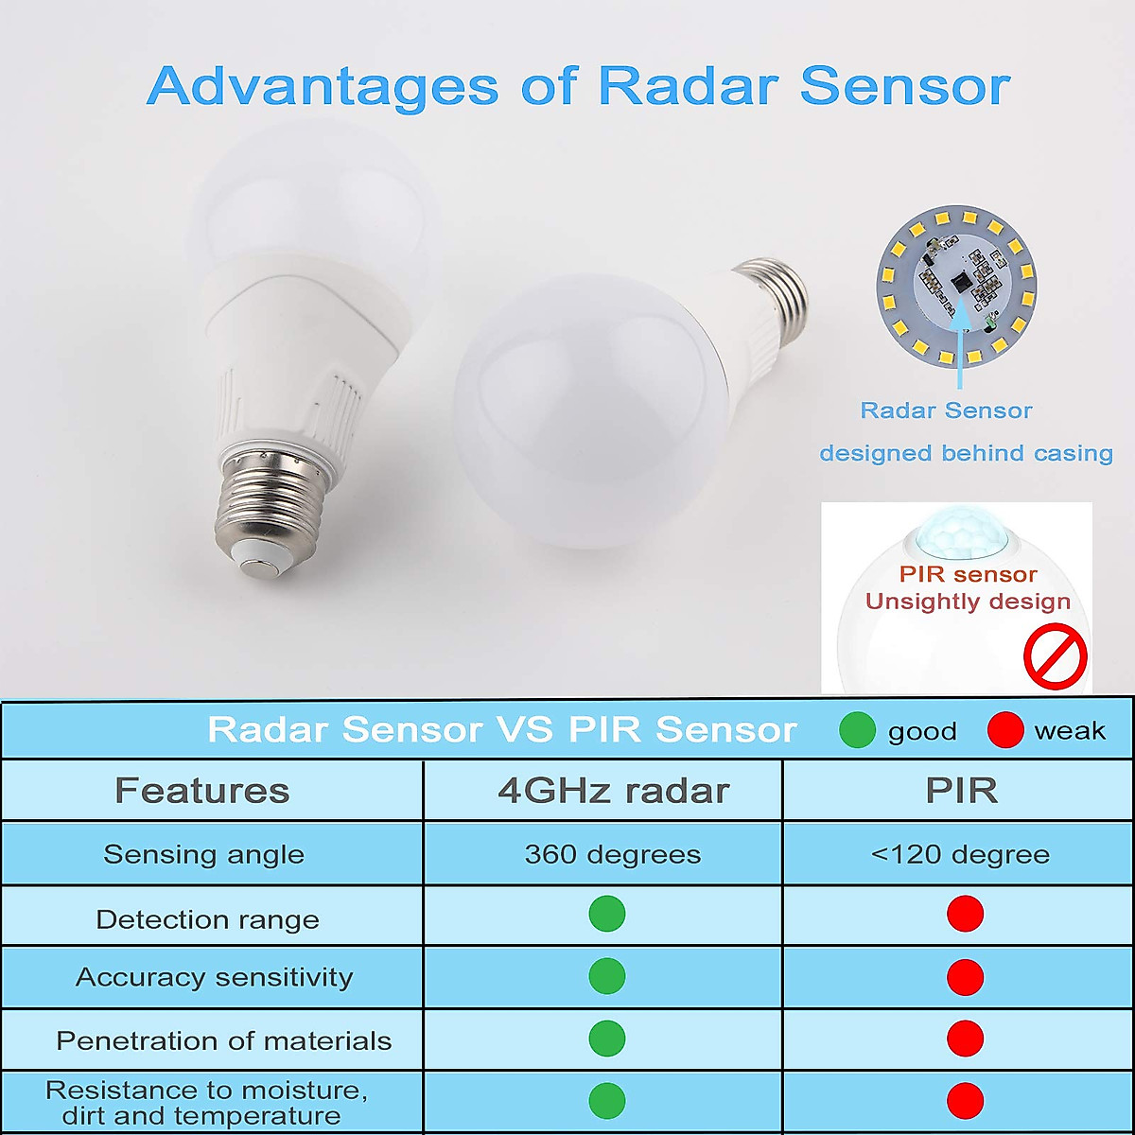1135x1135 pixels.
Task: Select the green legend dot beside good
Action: pyautogui.click(x=857, y=730)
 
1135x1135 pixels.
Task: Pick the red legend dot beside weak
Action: pyautogui.click(x=1004, y=730)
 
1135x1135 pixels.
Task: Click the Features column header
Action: pyautogui.click(x=201, y=791)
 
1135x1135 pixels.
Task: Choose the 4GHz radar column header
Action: pyautogui.click(x=613, y=791)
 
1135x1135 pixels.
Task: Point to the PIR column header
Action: pyautogui.click(x=961, y=791)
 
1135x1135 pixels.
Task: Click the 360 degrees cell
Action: pyautogui.click(x=613, y=855)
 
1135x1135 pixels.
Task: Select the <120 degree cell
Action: pyautogui.click(x=960, y=855)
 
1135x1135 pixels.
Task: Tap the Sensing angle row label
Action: pyautogui.click(x=204, y=855)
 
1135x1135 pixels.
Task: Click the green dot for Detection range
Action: pyautogui.click(x=607, y=915)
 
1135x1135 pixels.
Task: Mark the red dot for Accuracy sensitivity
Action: pyautogui.click(x=965, y=977)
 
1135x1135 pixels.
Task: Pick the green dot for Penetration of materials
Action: pyautogui.click(x=607, y=1039)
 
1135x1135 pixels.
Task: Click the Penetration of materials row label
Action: pyautogui.click(x=224, y=1041)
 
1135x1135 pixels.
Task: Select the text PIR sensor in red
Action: pyautogui.click(x=968, y=574)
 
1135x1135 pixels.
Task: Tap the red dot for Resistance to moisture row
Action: pyautogui.click(x=965, y=1101)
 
